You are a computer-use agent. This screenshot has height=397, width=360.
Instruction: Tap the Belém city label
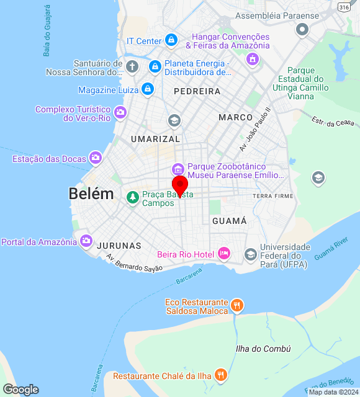tap(91, 194)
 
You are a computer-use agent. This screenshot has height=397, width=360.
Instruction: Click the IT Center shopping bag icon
tap(171, 41)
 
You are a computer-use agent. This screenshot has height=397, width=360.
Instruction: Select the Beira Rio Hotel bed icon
tap(224, 254)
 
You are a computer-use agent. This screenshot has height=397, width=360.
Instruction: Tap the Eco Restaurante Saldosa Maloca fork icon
tap(236, 305)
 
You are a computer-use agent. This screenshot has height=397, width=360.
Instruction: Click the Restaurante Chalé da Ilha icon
tap(220, 375)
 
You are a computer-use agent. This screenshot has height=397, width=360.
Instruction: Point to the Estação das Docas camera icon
tap(95, 159)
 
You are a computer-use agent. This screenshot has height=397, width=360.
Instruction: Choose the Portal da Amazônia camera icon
tap(86, 241)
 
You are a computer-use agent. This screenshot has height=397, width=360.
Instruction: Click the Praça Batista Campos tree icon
tap(132, 198)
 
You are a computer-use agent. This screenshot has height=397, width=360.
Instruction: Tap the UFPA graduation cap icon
tap(250, 254)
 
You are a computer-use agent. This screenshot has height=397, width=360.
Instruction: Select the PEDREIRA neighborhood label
tap(197, 91)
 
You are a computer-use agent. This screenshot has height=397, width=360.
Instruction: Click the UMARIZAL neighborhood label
tap(155, 139)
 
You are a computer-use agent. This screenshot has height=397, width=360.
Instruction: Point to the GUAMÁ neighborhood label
tap(230, 221)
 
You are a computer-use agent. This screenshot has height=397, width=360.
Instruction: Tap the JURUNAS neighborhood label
tap(119, 246)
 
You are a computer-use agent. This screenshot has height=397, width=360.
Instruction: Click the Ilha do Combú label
tap(263, 349)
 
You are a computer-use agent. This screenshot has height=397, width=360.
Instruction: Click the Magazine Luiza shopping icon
tap(147, 89)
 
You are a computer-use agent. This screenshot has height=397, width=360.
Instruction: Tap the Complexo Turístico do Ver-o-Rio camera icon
tap(120, 113)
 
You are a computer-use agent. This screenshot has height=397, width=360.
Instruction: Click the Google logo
tap(20, 389)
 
